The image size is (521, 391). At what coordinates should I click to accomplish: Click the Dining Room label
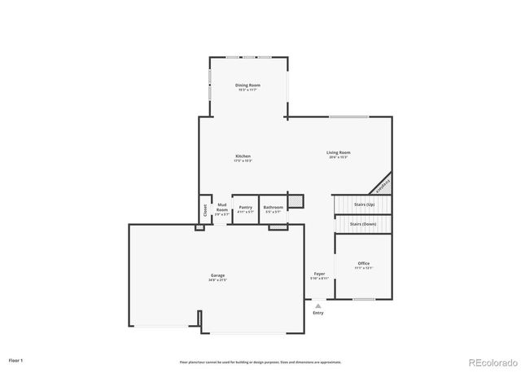point(247,86)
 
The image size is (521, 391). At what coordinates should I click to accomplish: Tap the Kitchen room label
point(243,157)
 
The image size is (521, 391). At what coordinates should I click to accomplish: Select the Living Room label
point(339,154)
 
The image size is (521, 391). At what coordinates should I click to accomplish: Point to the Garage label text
point(218,278)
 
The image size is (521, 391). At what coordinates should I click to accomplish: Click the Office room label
point(364,265)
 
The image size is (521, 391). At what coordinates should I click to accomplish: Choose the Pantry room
point(246,209)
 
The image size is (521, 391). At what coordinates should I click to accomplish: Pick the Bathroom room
point(274,209)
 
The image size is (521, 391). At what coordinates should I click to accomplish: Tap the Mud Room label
point(221,209)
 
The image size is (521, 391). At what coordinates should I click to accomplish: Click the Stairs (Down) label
point(362,223)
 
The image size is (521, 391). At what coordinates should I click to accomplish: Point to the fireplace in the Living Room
point(382,184)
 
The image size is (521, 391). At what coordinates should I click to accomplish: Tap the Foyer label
point(320,275)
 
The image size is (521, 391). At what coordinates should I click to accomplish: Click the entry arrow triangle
point(317,305)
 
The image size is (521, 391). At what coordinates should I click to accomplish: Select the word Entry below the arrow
point(317,313)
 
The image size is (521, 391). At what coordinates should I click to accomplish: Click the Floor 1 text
point(16,359)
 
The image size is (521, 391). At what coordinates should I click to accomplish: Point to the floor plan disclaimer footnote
point(260,362)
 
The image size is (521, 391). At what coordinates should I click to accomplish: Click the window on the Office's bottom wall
point(364,299)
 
